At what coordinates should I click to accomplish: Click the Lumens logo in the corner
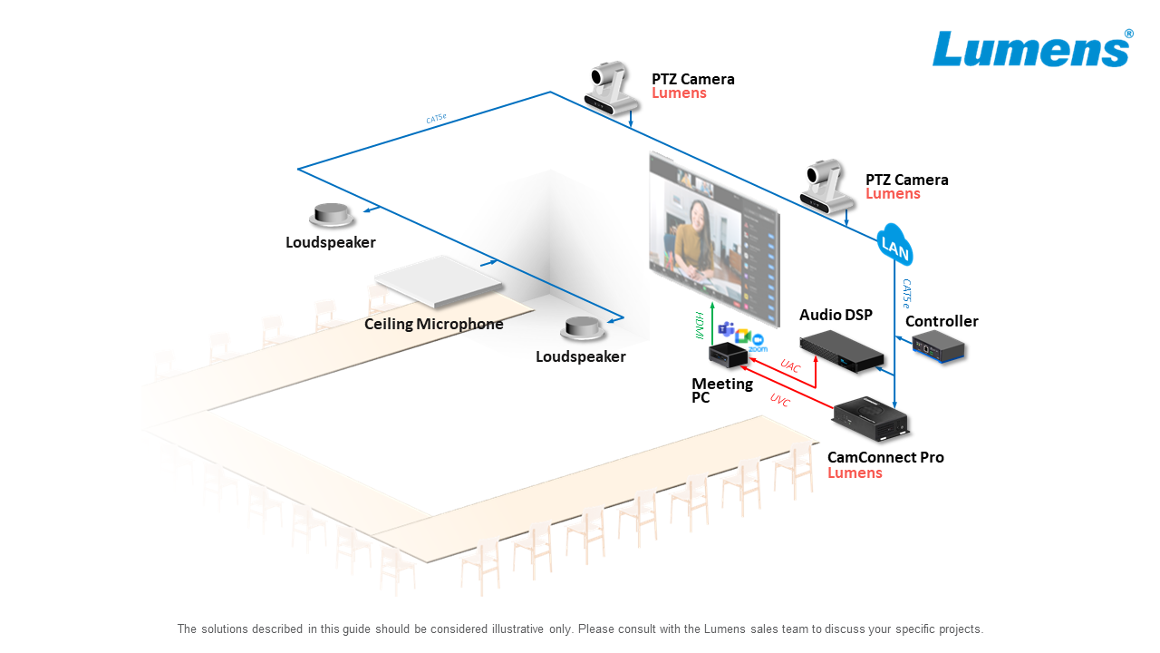[1031, 49]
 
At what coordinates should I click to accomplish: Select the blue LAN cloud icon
[894, 246]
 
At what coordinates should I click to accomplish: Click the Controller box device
[938, 347]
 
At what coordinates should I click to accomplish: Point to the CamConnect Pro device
[871, 419]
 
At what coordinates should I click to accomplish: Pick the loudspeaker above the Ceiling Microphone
[331, 216]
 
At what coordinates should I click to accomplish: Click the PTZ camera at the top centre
[611, 89]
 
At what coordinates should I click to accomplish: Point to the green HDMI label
[700, 326]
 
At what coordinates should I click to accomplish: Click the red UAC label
[790, 366]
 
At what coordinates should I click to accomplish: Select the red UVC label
[779, 400]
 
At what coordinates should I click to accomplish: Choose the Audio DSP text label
[836, 315]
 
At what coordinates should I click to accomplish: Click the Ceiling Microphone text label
[433, 324]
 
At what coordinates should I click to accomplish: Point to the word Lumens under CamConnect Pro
[854, 473]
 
